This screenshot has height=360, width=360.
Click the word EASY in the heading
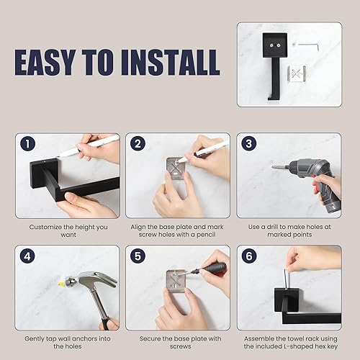tap(49, 62)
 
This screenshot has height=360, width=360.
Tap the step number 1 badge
tap(27, 144)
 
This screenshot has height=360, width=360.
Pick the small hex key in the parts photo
tap(309, 44)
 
